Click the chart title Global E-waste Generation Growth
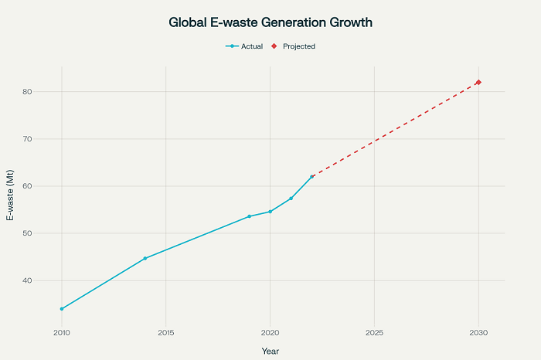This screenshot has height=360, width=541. (x=270, y=23)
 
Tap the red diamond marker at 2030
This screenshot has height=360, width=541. (x=478, y=83)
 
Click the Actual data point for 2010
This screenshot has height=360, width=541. (x=62, y=309)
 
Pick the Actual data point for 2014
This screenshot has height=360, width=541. (x=145, y=258)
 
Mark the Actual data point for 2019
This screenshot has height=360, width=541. (x=249, y=216)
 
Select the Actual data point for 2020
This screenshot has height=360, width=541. (x=270, y=212)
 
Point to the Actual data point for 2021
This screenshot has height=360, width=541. (x=291, y=199)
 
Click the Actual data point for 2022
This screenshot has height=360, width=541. (x=311, y=177)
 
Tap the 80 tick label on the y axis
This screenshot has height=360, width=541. (x=48, y=92)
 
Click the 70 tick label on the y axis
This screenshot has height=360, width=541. (x=48, y=139)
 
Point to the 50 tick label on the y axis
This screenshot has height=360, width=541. (x=48, y=233)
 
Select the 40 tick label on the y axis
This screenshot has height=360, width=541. (x=48, y=280)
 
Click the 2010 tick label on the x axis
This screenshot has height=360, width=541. (x=62, y=333)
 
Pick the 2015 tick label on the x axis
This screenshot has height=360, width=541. (x=165, y=333)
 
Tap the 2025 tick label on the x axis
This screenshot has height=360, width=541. (x=374, y=333)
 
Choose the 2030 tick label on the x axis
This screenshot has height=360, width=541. (x=478, y=333)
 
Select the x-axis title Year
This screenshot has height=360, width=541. (x=270, y=351)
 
